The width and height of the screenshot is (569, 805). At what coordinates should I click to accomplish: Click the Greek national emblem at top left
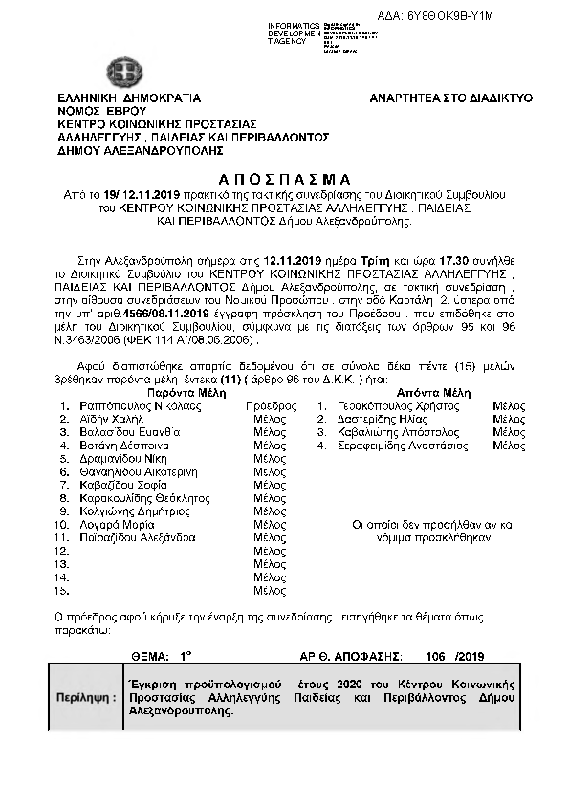tap(123, 73)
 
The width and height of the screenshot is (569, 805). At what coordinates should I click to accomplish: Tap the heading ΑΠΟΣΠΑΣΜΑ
tap(285, 180)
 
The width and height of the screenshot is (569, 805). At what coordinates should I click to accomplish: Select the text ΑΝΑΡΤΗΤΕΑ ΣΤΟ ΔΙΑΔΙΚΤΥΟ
tap(451, 98)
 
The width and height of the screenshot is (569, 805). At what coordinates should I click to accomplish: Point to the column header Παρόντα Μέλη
tap(186, 393)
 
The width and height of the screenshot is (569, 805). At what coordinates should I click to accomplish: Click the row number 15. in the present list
tap(63, 591)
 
